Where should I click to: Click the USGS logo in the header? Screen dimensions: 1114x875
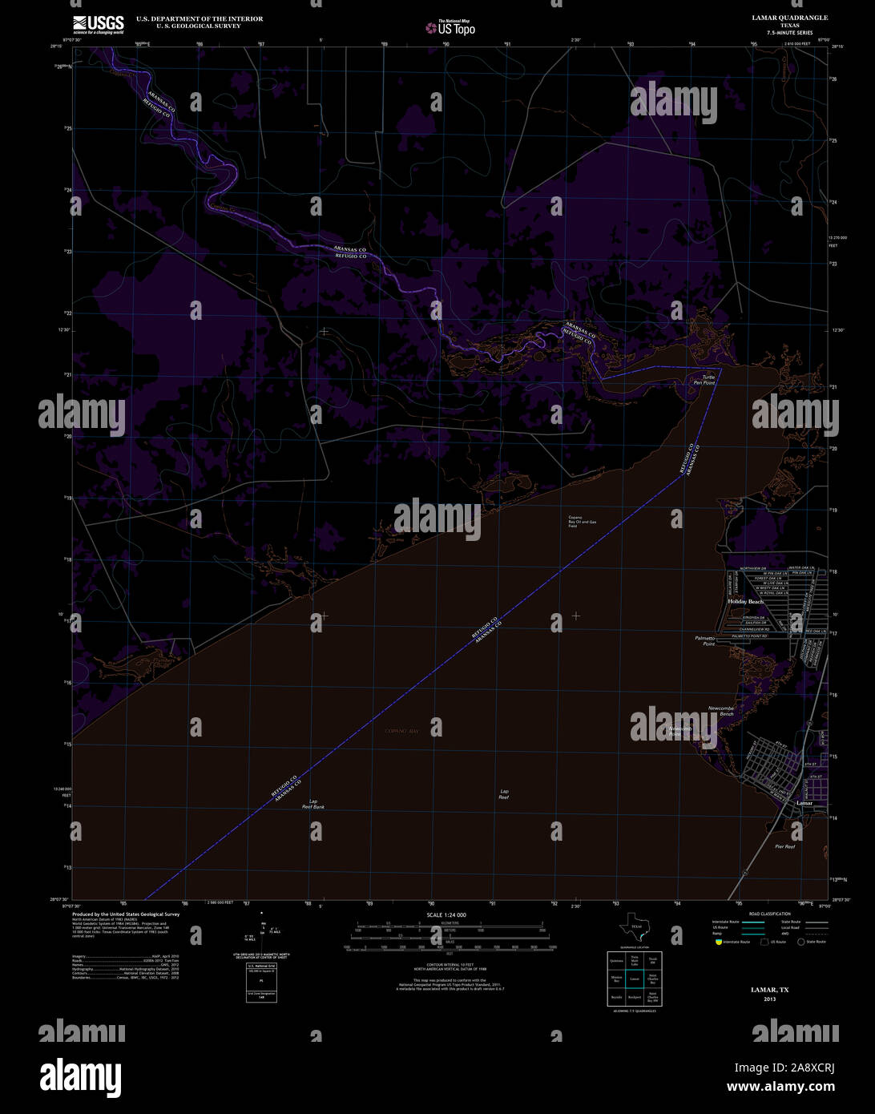pyautogui.click(x=98, y=24)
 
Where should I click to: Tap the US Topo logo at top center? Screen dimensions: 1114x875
pyautogui.click(x=450, y=28)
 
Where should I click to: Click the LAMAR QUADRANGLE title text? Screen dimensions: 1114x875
pyautogui.click(x=789, y=18)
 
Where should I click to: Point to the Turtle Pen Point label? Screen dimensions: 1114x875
pyautogui.click(x=704, y=380)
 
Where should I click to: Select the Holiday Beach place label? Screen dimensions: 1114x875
pyautogui.click(x=745, y=601)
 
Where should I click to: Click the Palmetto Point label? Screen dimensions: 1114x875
pyautogui.click(x=704, y=640)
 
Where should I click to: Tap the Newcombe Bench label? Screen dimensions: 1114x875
pyautogui.click(x=720, y=711)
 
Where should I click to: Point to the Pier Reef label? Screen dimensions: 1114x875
pyautogui.click(x=784, y=846)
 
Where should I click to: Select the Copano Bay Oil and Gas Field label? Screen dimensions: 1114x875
pyautogui.click(x=583, y=522)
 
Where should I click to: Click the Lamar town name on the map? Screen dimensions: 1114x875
pyautogui.click(x=804, y=802)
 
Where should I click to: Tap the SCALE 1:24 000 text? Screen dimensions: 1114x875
pyautogui.click(x=446, y=914)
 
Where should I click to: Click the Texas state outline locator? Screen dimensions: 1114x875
pyautogui.click(x=636, y=928)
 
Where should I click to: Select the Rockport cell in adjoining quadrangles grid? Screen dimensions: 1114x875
pyautogui.click(x=634, y=997)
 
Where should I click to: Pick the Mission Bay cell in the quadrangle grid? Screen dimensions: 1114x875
pyautogui.click(x=616, y=979)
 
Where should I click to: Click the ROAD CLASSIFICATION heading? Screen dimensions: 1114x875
pyautogui.click(x=769, y=914)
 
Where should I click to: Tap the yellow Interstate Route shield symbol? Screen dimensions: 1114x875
pyautogui.click(x=718, y=942)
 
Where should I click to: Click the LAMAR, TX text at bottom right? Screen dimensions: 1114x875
pyautogui.click(x=769, y=990)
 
